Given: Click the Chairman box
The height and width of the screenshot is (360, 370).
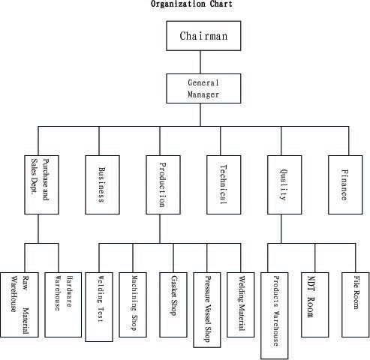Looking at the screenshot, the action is pyautogui.click(x=203, y=36).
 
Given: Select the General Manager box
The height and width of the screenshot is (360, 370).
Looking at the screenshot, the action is pyautogui.click(x=203, y=88).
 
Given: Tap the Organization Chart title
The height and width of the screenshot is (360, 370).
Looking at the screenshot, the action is pyautogui.click(x=191, y=4).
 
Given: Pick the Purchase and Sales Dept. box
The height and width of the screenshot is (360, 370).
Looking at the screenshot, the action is pyautogui.click(x=41, y=184).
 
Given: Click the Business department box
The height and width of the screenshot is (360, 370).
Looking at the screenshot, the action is pyautogui.click(x=102, y=184).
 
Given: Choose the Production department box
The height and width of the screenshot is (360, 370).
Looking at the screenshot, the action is pyautogui.click(x=163, y=184).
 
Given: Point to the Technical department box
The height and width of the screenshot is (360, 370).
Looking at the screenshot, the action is pyautogui.click(x=224, y=184).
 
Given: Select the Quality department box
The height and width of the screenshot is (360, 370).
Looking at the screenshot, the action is pyautogui.click(x=284, y=184).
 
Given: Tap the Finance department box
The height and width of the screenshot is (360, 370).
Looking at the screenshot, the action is pyautogui.click(x=345, y=184).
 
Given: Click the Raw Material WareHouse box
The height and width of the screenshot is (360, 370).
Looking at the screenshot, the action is pyautogui.click(x=20, y=304).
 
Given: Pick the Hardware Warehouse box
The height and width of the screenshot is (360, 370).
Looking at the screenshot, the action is pyautogui.click(x=63, y=304).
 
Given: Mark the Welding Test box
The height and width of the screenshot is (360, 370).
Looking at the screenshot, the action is pyautogui.click(x=99, y=307).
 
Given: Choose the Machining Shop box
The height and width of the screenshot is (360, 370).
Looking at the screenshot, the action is pyautogui.click(x=133, y=304).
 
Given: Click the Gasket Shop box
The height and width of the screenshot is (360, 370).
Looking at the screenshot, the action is pyautogui.click(x=173, y=304).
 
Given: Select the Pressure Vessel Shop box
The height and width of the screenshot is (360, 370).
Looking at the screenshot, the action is pyautogui.click(x=207, y=310).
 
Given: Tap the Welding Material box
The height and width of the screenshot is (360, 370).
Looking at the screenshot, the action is pyautogui.click(x=241, y=304).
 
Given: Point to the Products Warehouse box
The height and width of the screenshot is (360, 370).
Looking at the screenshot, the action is pyautogui.click(x=275, y=316).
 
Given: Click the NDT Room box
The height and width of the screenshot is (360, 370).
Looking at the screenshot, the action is pyautogui.click(x=315, y=304).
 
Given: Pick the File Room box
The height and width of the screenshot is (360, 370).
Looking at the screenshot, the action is pyautogui.click(x=356, y=304).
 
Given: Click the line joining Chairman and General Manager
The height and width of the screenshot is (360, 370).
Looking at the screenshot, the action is pyautogui.click(x=200, y=62).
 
